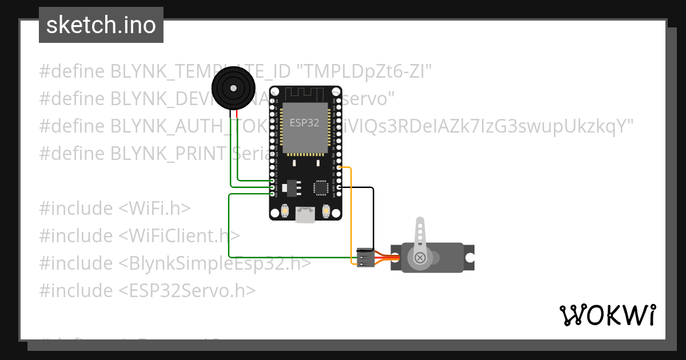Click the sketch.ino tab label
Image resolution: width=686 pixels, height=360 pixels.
[101, 25]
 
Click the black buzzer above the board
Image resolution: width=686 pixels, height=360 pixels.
[233, 88]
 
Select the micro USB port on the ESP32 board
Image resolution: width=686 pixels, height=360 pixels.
[305, 215]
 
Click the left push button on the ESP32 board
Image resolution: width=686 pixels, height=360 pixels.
[284, 211]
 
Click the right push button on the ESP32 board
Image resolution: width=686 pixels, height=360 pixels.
[326, 211]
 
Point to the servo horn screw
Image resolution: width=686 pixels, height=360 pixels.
[421, 258]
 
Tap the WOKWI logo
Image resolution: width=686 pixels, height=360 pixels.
[607, 315]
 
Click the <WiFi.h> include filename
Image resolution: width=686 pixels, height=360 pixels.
[155, 209]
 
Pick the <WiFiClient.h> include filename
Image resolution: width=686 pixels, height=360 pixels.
[180, 236]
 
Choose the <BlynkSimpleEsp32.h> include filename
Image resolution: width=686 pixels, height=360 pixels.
[215, 263]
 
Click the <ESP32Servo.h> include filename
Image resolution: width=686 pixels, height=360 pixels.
[187, 291]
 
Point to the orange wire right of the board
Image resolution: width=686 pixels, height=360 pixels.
[350, 217]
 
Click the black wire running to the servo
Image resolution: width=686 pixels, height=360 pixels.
[373, 217]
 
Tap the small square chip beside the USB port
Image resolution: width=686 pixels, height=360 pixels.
[321, 187]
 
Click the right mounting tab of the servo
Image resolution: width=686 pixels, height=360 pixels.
[469, 257]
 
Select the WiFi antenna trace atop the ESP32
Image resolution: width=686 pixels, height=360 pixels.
[305, 93]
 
